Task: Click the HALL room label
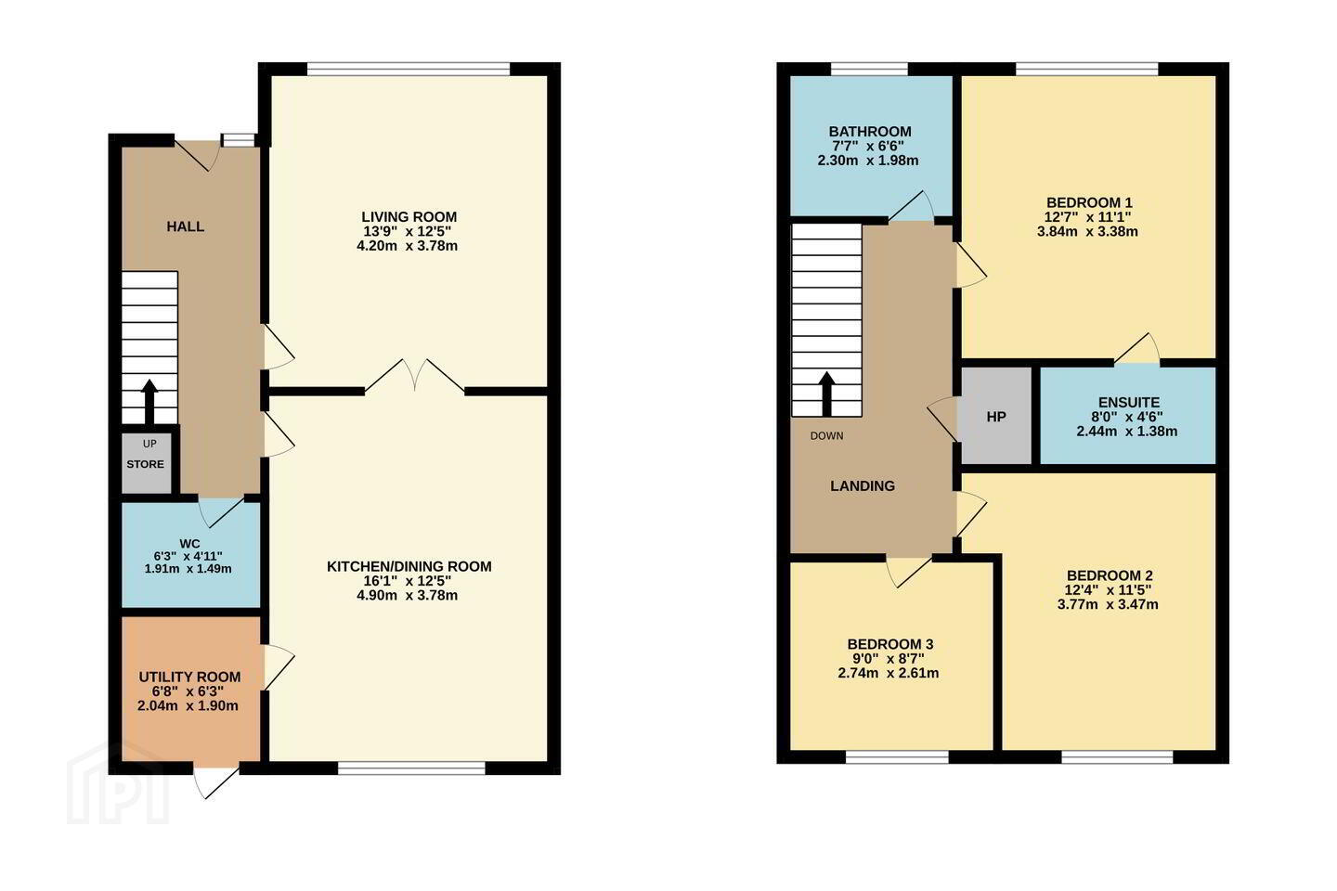coord(185,226)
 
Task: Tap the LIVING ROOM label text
coord(409,216)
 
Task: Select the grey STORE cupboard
coord(147,463)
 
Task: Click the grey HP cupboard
coord(996,416)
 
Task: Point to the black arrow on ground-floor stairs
coord(149,402)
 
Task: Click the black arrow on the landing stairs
coord(826,394)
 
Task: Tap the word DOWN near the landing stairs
coord(826,436)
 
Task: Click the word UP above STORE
coord(149,444)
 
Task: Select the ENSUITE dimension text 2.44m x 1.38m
coord(1127,431)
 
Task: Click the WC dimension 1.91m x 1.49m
coord(188,569)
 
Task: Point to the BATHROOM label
coord(870,131)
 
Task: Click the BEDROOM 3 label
coord(889,644)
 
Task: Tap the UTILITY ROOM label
coord(189,677)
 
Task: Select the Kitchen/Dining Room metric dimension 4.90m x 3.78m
coord(407,595)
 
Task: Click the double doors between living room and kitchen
coord(415,376)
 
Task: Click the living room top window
coord(409,70)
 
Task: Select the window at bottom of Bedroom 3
coord(897,756)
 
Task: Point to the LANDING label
coord(863,485)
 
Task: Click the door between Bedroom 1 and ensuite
coord(1137,349)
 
